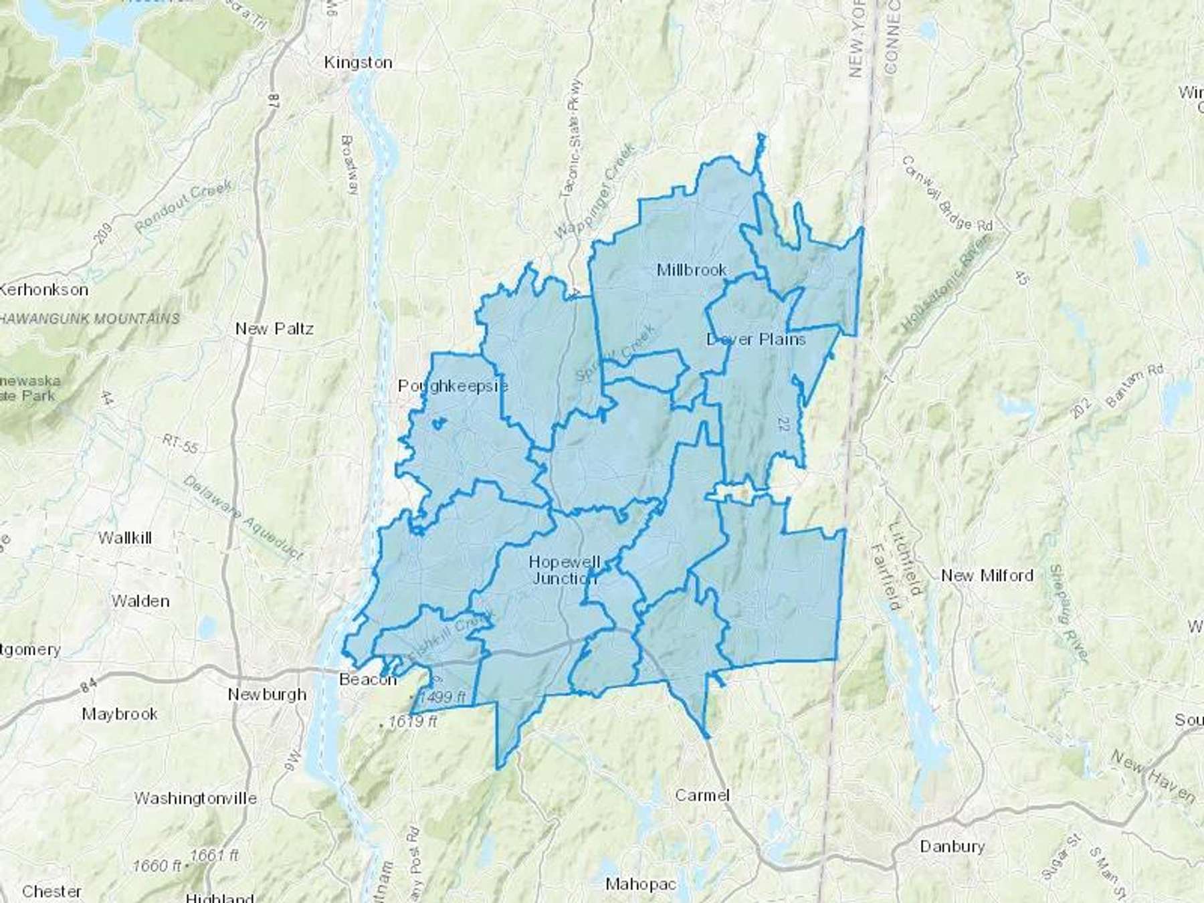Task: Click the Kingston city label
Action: click(358, 63)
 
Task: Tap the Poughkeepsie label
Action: click(452, 387)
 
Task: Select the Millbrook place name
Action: click(692, 270)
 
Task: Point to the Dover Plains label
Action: click(756, 340)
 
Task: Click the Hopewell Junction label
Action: click(564, 570)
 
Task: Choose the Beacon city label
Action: click(368, 680)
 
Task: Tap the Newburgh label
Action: click(267, 695)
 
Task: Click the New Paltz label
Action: click(274, 329)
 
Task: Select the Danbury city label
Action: click(952, 847)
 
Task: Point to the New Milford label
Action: click(987, 576)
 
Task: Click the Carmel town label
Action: click(702, 795)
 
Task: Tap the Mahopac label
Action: click(640, 884)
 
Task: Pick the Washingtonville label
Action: click(195, 799)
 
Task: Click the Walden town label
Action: click(140, 601)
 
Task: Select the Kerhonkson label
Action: click(44, 290)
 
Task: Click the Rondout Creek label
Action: click(183, 205)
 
